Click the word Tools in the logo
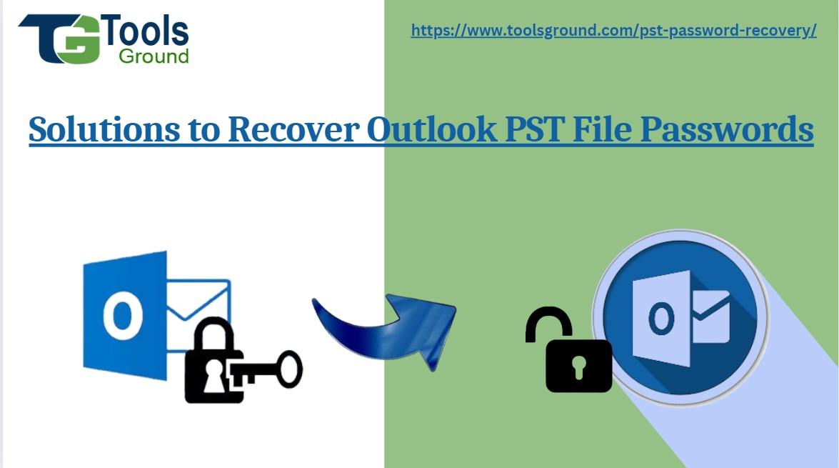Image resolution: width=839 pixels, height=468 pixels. pos(147,32)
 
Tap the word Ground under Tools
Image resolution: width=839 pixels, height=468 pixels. pos(154,56)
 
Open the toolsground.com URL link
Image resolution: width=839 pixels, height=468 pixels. pos(613,31)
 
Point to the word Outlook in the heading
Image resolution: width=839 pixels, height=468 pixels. pos(431,129)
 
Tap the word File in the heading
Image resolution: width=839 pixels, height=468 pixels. pos(615,129)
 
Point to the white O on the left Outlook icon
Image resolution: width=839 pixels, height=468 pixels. pos(122,315)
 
